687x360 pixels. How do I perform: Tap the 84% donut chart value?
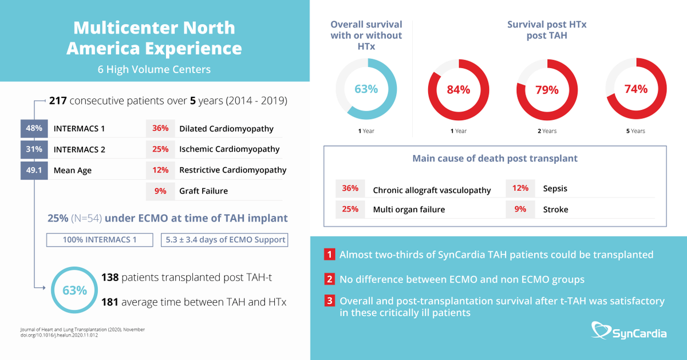(x=458, y=89)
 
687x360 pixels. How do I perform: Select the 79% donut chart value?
(x=546, y=89)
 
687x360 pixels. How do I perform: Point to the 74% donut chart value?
(x=635, y=89)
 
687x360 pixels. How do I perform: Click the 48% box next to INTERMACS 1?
(x=34, y=128)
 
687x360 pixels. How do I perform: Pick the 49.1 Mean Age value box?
(x=34, y=170)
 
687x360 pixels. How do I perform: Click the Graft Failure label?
(x=203, y=191)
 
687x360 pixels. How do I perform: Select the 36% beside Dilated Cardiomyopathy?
(x=160, y=128)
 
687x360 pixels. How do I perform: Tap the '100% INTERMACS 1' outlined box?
(x=100, y=239)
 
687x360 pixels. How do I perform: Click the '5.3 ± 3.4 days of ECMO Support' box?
(x=224, y=239)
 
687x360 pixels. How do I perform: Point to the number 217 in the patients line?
(x=58, y=101)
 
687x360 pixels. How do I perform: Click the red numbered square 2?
(x=329, y=279)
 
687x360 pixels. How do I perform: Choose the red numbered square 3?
(x=329, y=300)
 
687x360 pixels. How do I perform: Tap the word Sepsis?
(x=555, y=188)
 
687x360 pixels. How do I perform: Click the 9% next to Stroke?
(x=520, y=209)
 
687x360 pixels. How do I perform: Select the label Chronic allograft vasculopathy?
(x=432, y=190)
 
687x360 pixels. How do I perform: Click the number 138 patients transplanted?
(x=109, y=278)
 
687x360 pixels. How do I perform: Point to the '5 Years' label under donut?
(x=635, y=131)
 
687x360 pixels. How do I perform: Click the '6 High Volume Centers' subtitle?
(x=154, y=70)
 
